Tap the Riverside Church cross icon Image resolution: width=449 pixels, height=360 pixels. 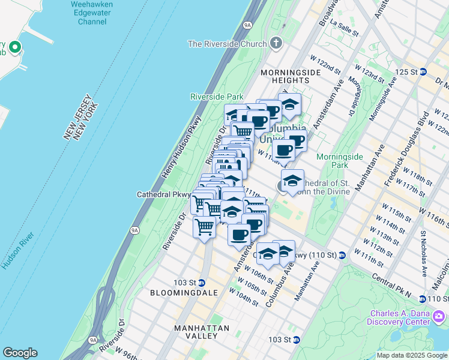click(x=276, y=43)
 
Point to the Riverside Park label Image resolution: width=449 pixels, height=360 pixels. click(x=217, y=97)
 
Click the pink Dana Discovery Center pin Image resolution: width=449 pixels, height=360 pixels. click(x=439, y=316)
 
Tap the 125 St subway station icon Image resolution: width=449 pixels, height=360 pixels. click(x=423, y=72)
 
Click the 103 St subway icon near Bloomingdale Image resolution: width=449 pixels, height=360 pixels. click(x=202, y=283)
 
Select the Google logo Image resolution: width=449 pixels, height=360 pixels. click(x=20, y=353)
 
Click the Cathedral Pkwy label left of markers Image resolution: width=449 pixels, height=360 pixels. click(x=163, y=194)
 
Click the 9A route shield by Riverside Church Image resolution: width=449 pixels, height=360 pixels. click(x=247, y=25)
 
